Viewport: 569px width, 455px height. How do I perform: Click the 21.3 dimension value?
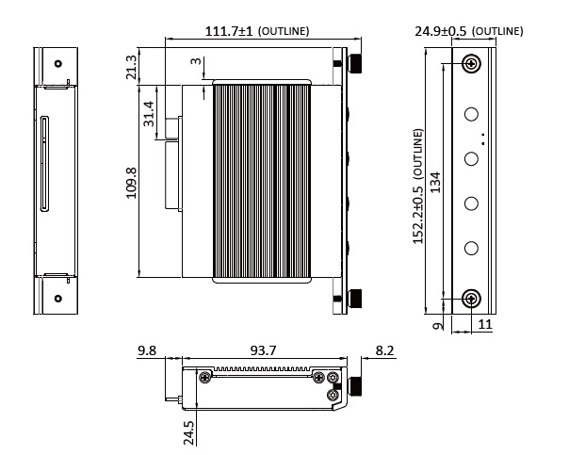[x=132, y=67]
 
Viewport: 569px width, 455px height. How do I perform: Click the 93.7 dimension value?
[x=263, y=351]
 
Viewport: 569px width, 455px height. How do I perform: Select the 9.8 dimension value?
[x=147, y=351]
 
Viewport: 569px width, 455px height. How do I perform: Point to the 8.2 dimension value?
[x=385, y=351]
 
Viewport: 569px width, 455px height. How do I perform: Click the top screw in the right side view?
[x=471, y=64]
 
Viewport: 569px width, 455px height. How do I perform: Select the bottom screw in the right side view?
[x=471, y=299]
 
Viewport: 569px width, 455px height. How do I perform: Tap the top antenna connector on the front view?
[x=357, y=64]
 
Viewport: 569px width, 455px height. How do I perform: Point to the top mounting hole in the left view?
[x=58, y=64]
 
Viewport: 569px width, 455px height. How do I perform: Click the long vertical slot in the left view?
[x=43, y=164]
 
